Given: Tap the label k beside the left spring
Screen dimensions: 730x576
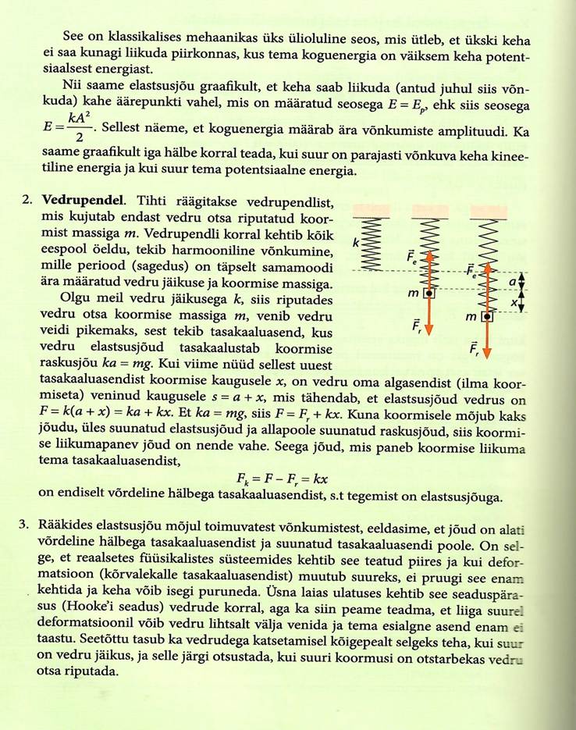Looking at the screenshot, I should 355,244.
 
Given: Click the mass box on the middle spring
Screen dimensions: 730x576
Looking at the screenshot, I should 428,294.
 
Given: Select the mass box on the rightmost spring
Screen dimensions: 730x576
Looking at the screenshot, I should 487,316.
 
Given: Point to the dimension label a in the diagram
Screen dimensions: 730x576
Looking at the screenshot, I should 512,281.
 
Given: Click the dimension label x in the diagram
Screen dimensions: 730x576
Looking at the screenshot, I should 513,302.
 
